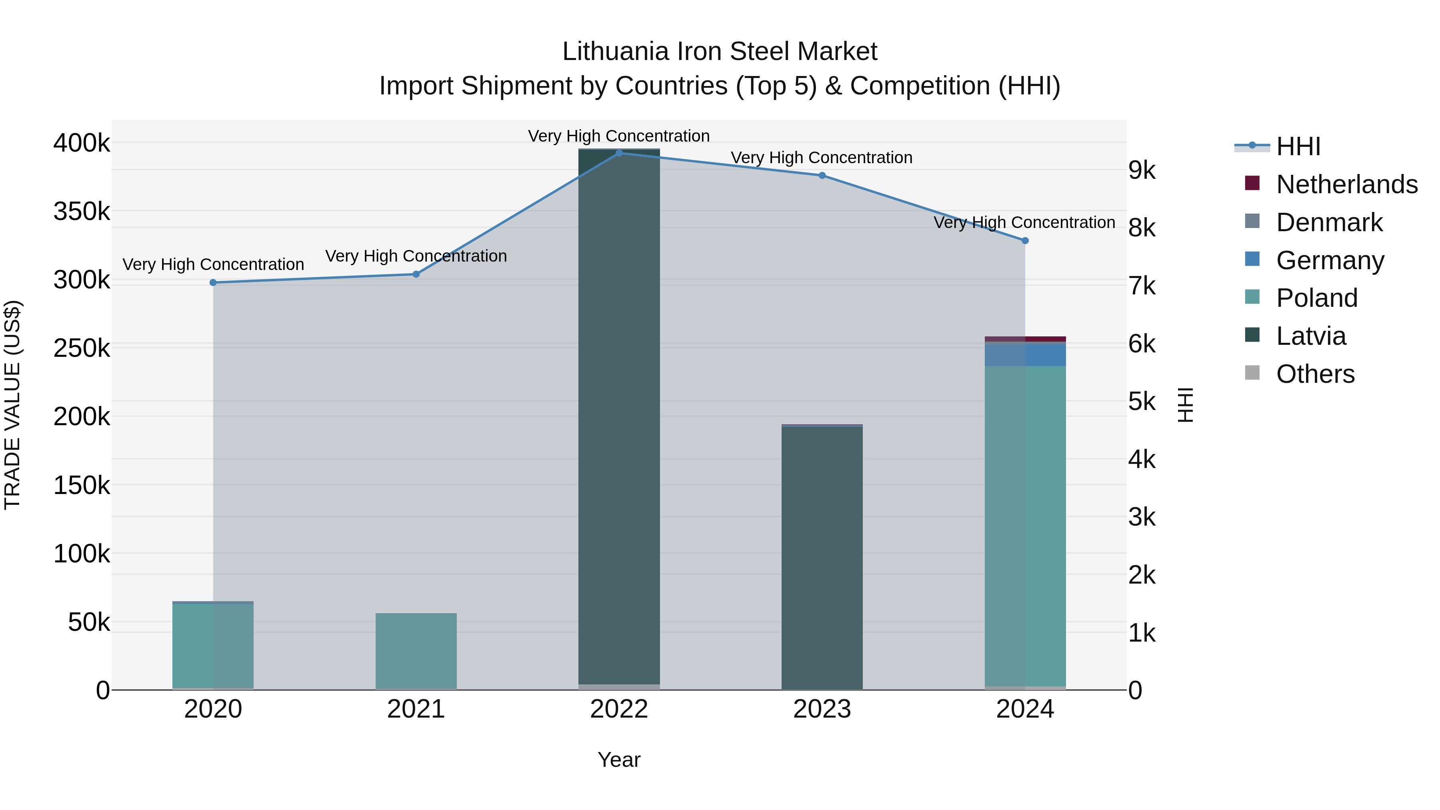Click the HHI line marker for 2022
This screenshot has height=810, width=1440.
[x=619, y=153]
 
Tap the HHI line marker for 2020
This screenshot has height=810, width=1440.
[x=213, y=282]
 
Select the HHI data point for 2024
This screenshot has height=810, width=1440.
[x=1025, y=240]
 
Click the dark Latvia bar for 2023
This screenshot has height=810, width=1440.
[x=822, y=559]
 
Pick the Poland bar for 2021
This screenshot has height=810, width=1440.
[x=416, y=651]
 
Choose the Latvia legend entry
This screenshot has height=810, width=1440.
[x=1310, y=336]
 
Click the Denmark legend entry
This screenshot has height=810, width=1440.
[x=1329, y=222]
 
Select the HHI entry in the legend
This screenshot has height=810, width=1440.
[x=1298, y=146]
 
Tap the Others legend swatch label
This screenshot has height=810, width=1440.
[x=1315, y=374]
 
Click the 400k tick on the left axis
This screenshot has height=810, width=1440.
[x=82, y=143]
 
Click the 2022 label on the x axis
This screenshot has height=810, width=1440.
[x=619, y=709]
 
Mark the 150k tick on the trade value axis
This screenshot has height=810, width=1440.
[x=82, y=485]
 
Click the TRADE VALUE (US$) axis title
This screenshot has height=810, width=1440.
[x=12, y=405]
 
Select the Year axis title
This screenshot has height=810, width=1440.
[x=619, y=760]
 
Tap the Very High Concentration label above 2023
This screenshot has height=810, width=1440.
[x=821, y=158]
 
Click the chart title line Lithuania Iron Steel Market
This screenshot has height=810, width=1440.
[x=720, y=52]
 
